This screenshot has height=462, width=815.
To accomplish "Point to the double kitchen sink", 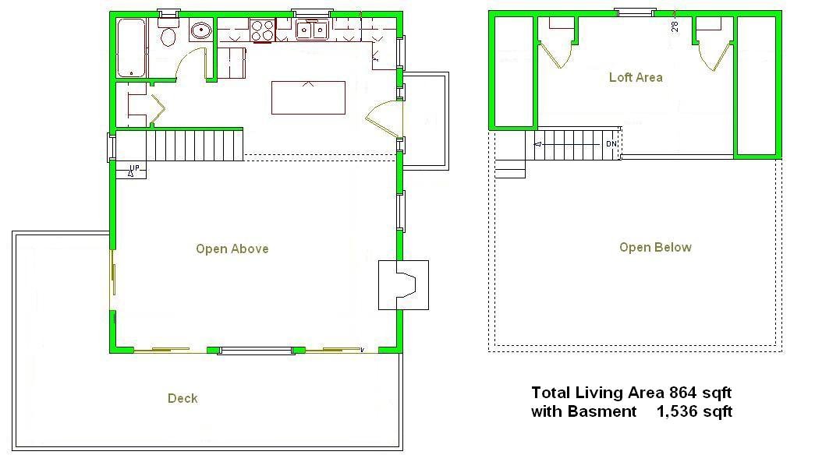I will [312, 30].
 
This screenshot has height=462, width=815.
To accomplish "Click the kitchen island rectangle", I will [308, 97].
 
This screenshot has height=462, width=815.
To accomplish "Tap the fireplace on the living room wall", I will [403, 284].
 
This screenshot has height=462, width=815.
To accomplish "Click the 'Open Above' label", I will [232, 249].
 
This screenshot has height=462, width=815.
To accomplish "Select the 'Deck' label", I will [182, 399].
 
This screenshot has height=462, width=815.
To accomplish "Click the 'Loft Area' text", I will [636, 77].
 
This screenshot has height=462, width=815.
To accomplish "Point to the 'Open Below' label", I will [655, 248].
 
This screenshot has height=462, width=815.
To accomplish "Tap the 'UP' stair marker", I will [134, 168].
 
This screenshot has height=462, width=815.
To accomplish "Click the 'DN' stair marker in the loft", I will [611, 145].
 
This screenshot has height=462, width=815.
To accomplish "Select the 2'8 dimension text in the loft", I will [674, 26].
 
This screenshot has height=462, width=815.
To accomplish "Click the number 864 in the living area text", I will [680, 393].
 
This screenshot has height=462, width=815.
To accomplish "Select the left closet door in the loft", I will [556, 53].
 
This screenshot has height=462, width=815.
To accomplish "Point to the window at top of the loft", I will [634, 12].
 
